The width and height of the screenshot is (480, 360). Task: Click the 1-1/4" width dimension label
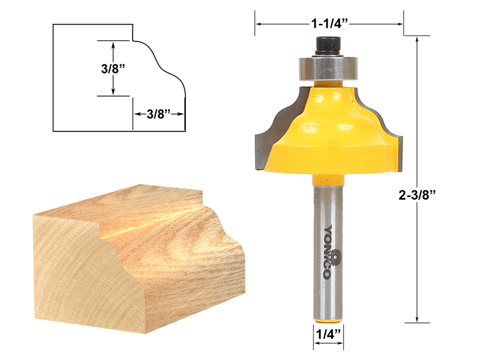click(x=329, y=24)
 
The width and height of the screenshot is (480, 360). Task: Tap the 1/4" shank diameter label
click(x=328, y=334)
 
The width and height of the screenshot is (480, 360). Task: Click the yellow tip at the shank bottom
click(x=328, y=313)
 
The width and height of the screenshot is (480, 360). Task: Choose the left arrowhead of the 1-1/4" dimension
click(x=260, y=24)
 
